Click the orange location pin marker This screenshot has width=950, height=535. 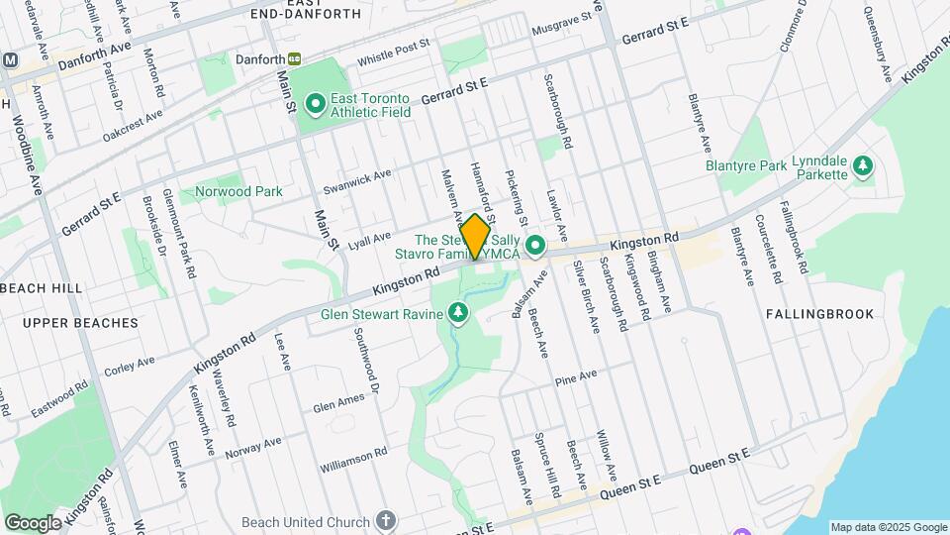475,236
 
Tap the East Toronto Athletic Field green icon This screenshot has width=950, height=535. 316,103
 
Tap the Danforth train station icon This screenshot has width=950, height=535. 294,59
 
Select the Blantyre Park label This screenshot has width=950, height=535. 744,166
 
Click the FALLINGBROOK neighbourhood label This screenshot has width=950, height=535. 819,314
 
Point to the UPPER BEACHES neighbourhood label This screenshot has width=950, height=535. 79,323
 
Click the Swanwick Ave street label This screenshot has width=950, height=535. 357,181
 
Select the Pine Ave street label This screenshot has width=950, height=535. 576,377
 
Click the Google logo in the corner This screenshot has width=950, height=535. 33,522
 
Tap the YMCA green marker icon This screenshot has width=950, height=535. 536,244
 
